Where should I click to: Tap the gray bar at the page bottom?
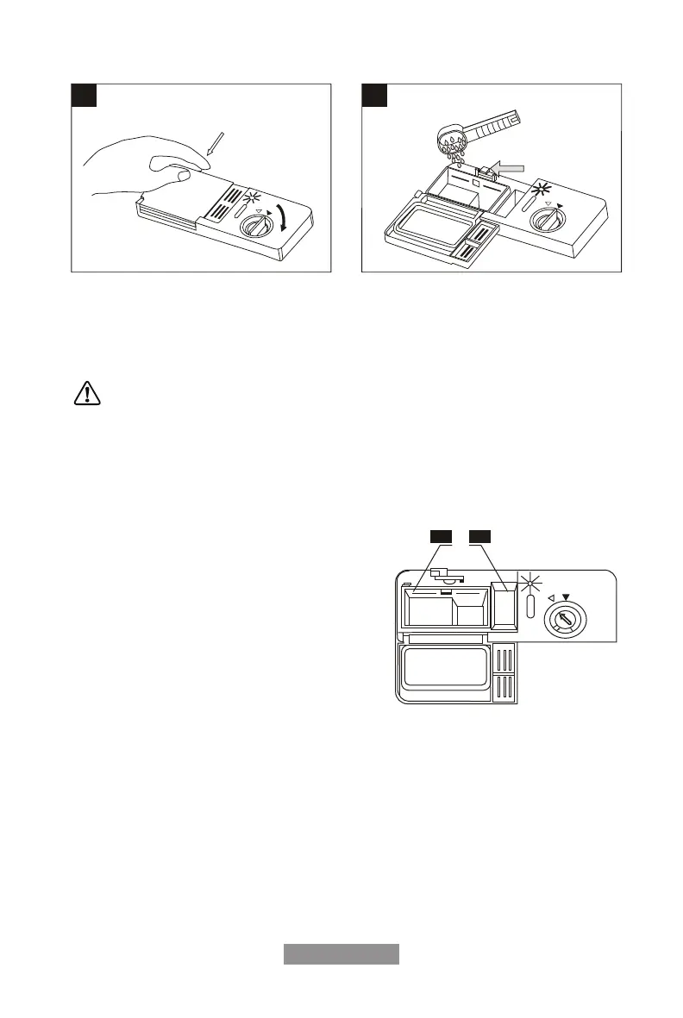341,954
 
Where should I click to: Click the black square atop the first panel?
83,95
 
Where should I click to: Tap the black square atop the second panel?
373,95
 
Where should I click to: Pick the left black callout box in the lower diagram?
442,539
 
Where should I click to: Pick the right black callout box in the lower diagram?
480,539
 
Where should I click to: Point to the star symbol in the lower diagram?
529,581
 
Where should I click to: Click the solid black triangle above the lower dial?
567,596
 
